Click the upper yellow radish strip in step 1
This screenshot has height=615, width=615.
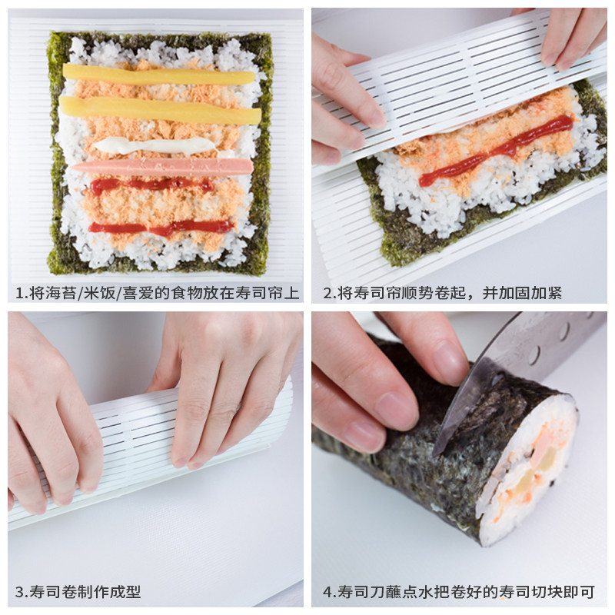tap(159, 75)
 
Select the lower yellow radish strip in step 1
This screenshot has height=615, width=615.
tap(160, 111)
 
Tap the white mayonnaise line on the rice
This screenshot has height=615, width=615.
tap(155, 145)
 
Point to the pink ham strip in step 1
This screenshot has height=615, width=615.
tap(162, 167)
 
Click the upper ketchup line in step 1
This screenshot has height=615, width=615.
tap(151, 184)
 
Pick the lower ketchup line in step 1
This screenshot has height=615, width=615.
tap(161, 228)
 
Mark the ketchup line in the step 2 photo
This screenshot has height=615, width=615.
tap(496, 151)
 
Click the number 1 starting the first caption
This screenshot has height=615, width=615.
tap(18, 293)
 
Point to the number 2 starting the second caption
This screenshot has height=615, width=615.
tap(327, 293)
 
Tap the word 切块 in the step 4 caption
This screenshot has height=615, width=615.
tap(547, 591)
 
